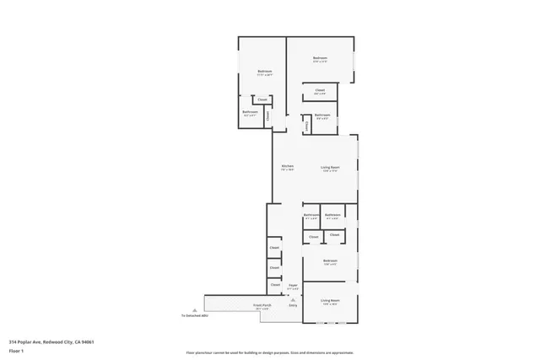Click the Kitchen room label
(x=287, y=166)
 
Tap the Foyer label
(x=294, y=286)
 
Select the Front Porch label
(x=262, y=305)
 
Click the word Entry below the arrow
(x=293, y=304)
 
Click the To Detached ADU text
(x=194, y=315)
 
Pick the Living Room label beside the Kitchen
(x=330, y=167)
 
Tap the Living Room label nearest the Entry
(x=330, y=300)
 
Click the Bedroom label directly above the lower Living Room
(x=330, y=261)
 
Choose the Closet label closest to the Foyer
(x=275, y=284)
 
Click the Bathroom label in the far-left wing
(x=250, y=111)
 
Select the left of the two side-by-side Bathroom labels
(x=310, y=215)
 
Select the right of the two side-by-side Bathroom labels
(x=332, y=215)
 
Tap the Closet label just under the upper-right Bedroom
(x=320, y=90)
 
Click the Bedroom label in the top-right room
(x=320, y=57)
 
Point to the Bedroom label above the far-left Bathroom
(x=264, y=72)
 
